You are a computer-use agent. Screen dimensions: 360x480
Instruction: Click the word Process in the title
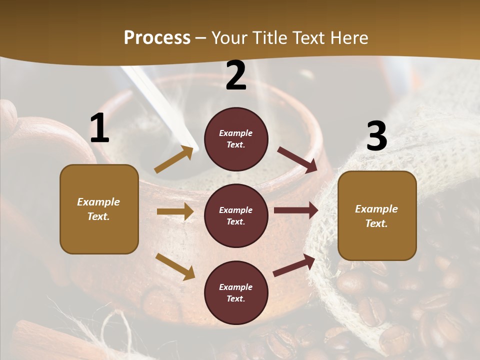pyautogui.click(x=157, y=38)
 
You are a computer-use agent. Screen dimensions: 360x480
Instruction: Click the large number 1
pyautogui.click(x=99, y=128)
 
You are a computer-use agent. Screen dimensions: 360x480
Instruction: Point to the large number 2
pyautogui.click(x=236, y=76)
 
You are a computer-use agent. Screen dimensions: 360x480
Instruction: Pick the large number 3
pyautogui.click(x=376, y=136)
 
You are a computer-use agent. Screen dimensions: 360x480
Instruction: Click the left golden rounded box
pyautogui.click(x=99, y=209)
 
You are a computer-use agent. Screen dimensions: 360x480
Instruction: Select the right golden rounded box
pyautogui.click(x=377, y=216)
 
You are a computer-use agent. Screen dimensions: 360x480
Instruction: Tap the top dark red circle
pyautogui.click(x=236, y=139)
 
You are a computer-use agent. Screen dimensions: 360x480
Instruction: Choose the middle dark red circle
pyautogui.click(x=236, y=215)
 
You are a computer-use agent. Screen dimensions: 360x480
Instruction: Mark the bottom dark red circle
pyautogui.click(x=236, y=292)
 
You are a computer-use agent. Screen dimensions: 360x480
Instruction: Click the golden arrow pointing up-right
pyautogui.click(x=173, y=159)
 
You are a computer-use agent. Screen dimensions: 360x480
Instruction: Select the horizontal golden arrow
pyautogui.click(x=175, y=211)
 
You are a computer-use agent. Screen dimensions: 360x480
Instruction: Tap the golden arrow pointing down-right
pyautogui.click(x=175, y=266)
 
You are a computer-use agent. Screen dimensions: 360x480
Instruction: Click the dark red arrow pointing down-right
pyautogui.click(x=297, y=160)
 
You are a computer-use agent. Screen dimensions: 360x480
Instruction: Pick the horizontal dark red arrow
pyautogui.click(x=296, y=210)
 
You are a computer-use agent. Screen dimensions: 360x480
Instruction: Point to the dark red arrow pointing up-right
pyautogui.click(x=294, y=265)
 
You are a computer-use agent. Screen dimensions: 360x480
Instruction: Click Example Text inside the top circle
pyautogui.click(x=236, y=139)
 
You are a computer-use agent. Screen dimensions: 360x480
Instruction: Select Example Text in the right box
pyautogui.click(x=377, y=216)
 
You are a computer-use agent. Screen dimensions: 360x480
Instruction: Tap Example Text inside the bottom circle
pyautogui.click(x=236, y=292)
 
